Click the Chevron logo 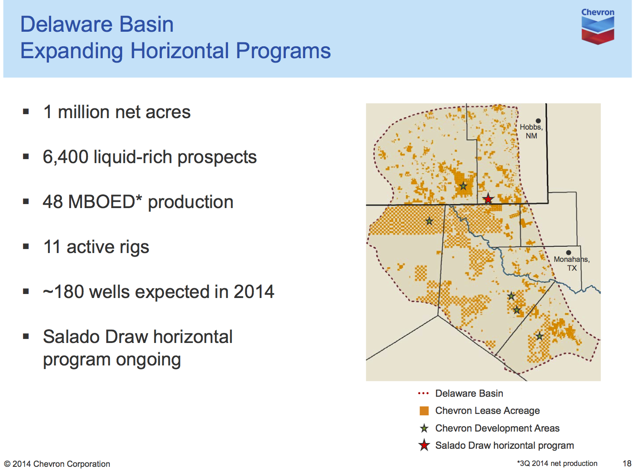point(598,26)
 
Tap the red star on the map point(488,199)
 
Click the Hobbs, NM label point(531,131)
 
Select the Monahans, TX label point(571,263)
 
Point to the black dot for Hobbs point(538,121)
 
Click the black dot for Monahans point(569,253)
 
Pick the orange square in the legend point(424,411)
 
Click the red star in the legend point(424,445)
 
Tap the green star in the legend point(424,428)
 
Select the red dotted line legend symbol point(423,393)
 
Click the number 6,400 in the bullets point(66,157)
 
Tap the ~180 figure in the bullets point(64,291)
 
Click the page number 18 point(627,463)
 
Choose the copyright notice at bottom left point(57,464)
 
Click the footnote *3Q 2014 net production point(557,463)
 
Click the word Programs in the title point(283,51)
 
